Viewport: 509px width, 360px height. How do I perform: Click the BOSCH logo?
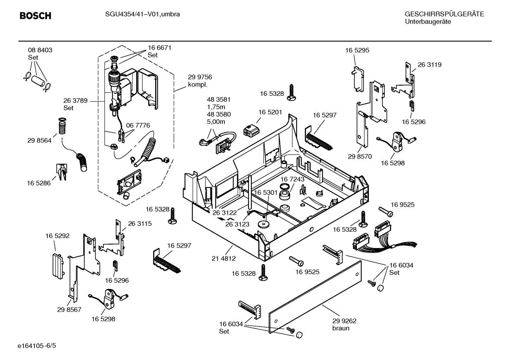[x=35, y=16]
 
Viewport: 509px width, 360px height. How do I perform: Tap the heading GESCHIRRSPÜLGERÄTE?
[x=444, y=14]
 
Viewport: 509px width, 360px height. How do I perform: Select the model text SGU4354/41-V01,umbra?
[x=142, y=14]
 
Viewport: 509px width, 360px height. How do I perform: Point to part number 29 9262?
[x=344, y=321]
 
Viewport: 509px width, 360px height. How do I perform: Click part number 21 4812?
[x=223, y=258]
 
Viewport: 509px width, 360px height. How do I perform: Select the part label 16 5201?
[x=270, y=112]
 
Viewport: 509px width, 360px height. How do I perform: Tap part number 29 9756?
[x=200, y=77]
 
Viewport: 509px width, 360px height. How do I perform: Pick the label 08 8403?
[x=40, y=50]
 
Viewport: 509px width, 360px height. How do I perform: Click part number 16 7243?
[x=292, y=179]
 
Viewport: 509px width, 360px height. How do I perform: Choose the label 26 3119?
[x=430, y=65]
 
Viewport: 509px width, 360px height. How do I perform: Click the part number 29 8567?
[x=69, y=309]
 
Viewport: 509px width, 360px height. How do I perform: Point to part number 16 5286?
[x=39, y=183]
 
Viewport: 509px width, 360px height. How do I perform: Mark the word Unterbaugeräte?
[x=428, y=22]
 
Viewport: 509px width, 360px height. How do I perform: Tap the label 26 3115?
[x=140, y=224]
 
